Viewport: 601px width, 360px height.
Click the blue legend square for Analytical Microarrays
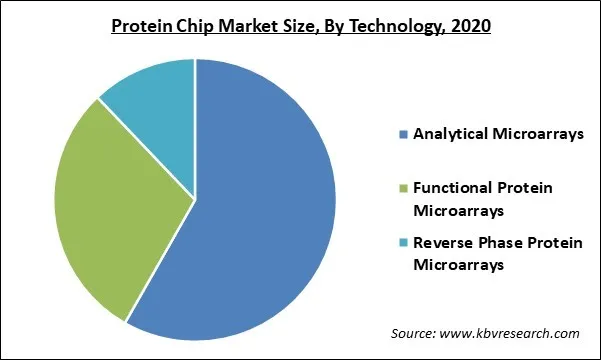(403, 134)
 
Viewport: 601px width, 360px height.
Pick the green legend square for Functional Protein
(403, 189)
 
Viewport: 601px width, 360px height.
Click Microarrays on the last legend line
(456, 266)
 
